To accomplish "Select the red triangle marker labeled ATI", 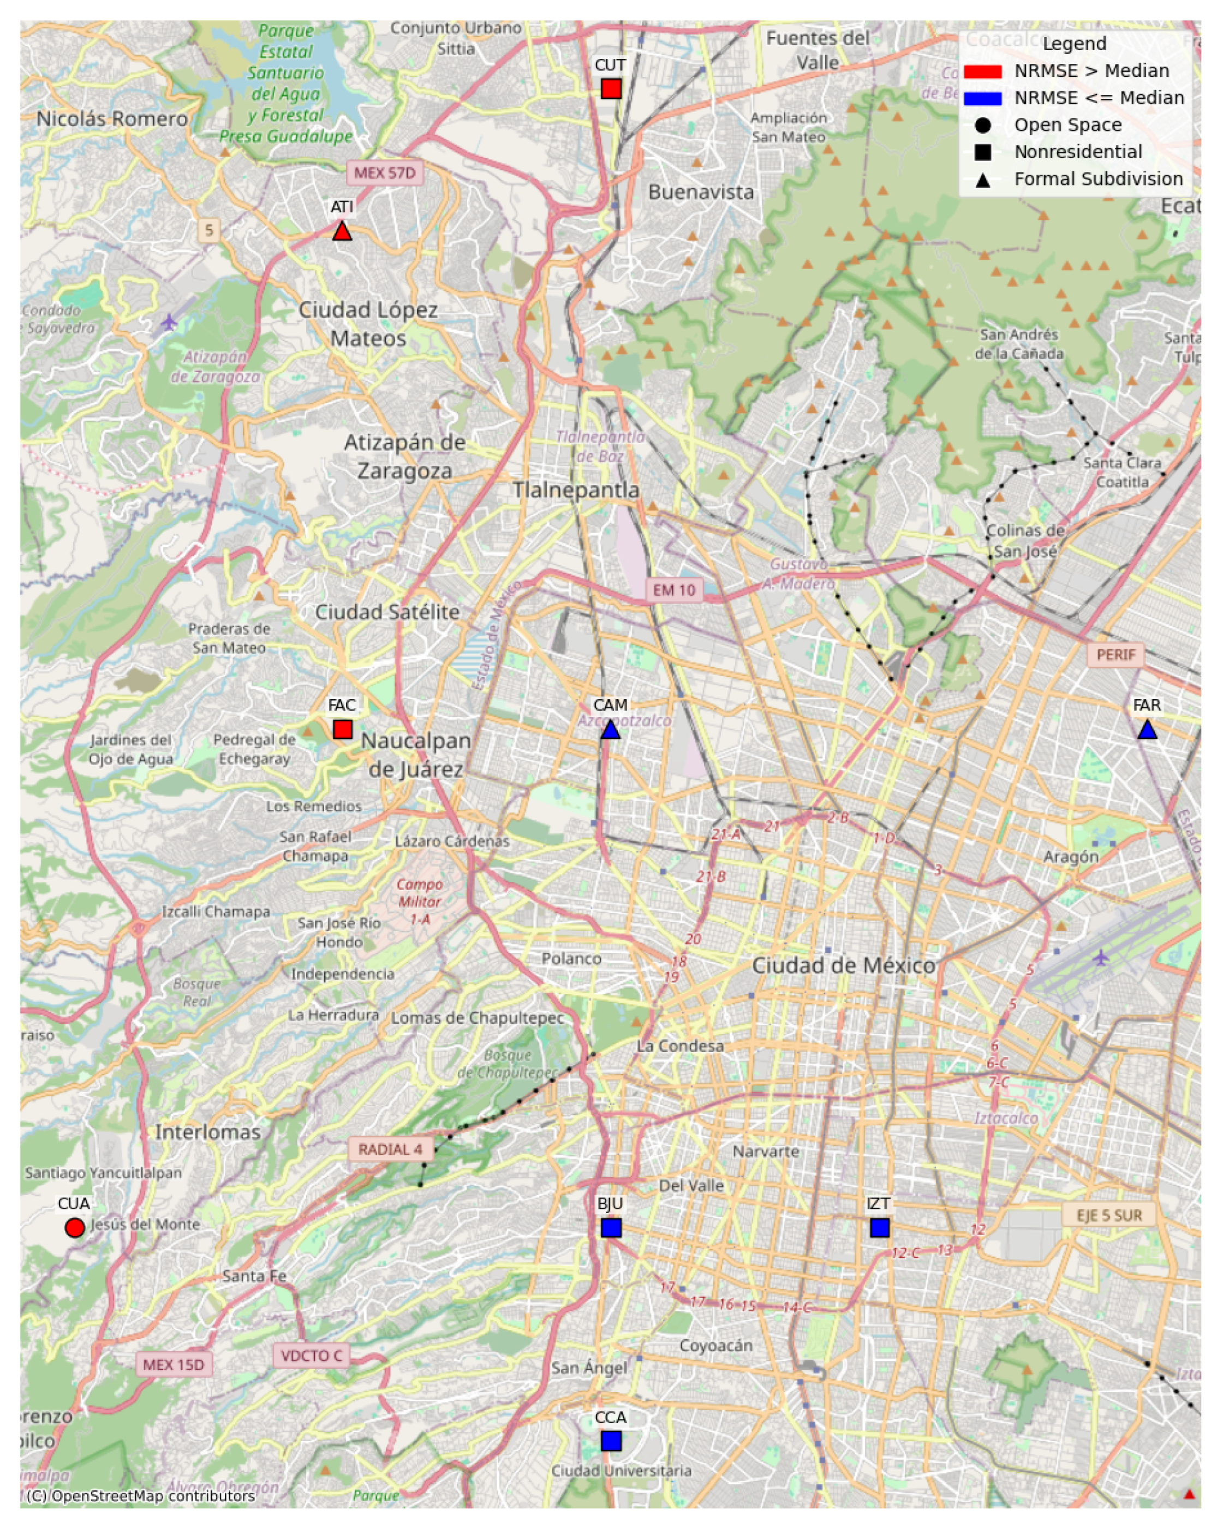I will point(342,231).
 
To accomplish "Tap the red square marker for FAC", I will point(342,729).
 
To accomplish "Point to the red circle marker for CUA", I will point(74,1227).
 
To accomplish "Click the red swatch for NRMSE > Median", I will point(982,71).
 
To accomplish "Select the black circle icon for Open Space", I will point(982,126).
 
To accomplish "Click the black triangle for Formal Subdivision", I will point(982,180).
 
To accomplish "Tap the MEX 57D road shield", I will point(384,173).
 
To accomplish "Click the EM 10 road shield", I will point(673,590).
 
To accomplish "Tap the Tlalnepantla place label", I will point(576,490).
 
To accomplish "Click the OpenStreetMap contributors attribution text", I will point(140,1496).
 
